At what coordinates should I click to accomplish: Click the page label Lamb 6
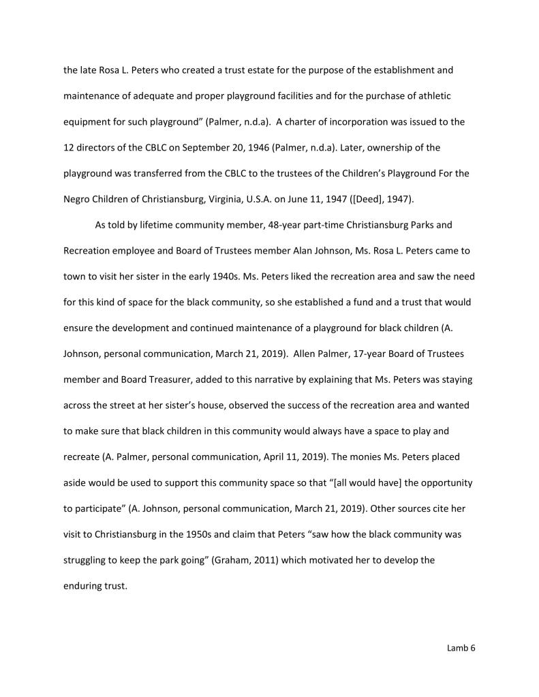(461, 648)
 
